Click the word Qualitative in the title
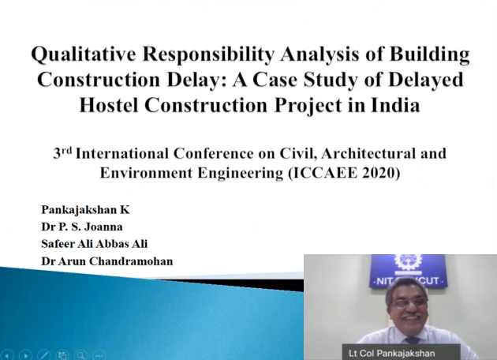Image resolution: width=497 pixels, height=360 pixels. [x=84, y=54]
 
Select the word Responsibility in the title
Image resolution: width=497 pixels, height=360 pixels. [x=208, y=54]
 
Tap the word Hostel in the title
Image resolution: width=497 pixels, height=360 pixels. [x=109, y=105]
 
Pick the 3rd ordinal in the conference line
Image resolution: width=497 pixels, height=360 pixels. [x=62, y=153]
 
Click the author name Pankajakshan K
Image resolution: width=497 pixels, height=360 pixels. [x=85, y=210]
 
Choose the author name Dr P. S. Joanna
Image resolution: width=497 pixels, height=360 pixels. [x=82, y=227]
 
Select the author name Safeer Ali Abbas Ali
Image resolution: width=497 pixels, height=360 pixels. [x=95, y=244]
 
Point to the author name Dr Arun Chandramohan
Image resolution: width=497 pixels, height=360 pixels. [x=107, y=261]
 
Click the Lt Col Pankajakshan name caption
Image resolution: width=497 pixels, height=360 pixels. [x=392, y=353]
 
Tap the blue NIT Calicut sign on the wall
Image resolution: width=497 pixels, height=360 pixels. [x=409, y=271]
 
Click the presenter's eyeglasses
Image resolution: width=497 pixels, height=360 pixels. [x=409, y=302]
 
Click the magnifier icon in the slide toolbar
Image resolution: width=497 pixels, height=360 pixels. [x=80, y=355]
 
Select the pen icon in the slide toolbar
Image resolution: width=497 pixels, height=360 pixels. [x=44, y=355]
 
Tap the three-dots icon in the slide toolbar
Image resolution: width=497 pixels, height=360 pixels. [x=99, y=355]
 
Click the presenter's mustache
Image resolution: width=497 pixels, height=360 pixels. [x=411, y=315]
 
